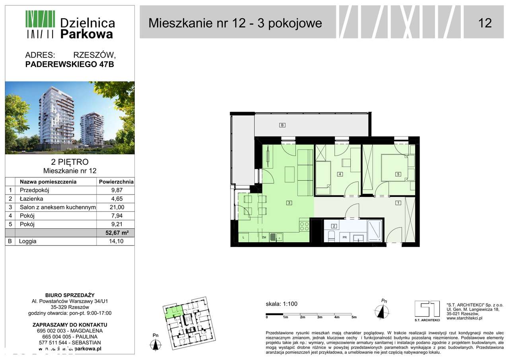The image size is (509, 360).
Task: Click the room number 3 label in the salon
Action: pyautogui.click(x=289, y=203)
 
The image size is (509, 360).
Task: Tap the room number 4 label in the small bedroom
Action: pyautogui.click(x=340, y=174)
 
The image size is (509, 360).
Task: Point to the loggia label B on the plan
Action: pyautogui.click(x=282, y=125)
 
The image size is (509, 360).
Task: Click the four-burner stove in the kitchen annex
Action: pyautogui.click(x=305, y=226)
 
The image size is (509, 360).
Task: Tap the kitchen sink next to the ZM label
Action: pyautogui.click(x=274, y=237)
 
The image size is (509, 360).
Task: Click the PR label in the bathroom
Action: pyautogui.click(x=345, y=238)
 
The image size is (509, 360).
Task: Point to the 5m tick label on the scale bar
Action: pyautogui.click(x=354, y=317)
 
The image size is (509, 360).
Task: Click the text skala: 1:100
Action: pyautogui.click(x=282, y=304)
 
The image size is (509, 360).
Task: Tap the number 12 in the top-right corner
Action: pyautogui.click(x=485, y=23)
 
